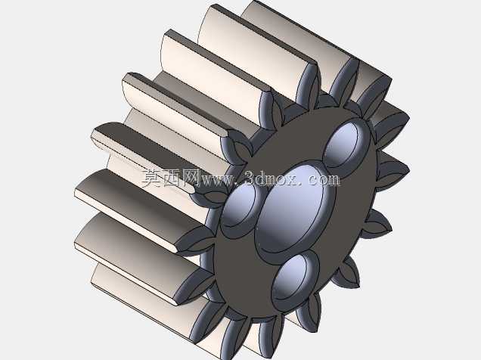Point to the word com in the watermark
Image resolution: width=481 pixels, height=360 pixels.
click(324, 180)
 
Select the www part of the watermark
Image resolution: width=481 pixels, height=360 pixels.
click(216, 180)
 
